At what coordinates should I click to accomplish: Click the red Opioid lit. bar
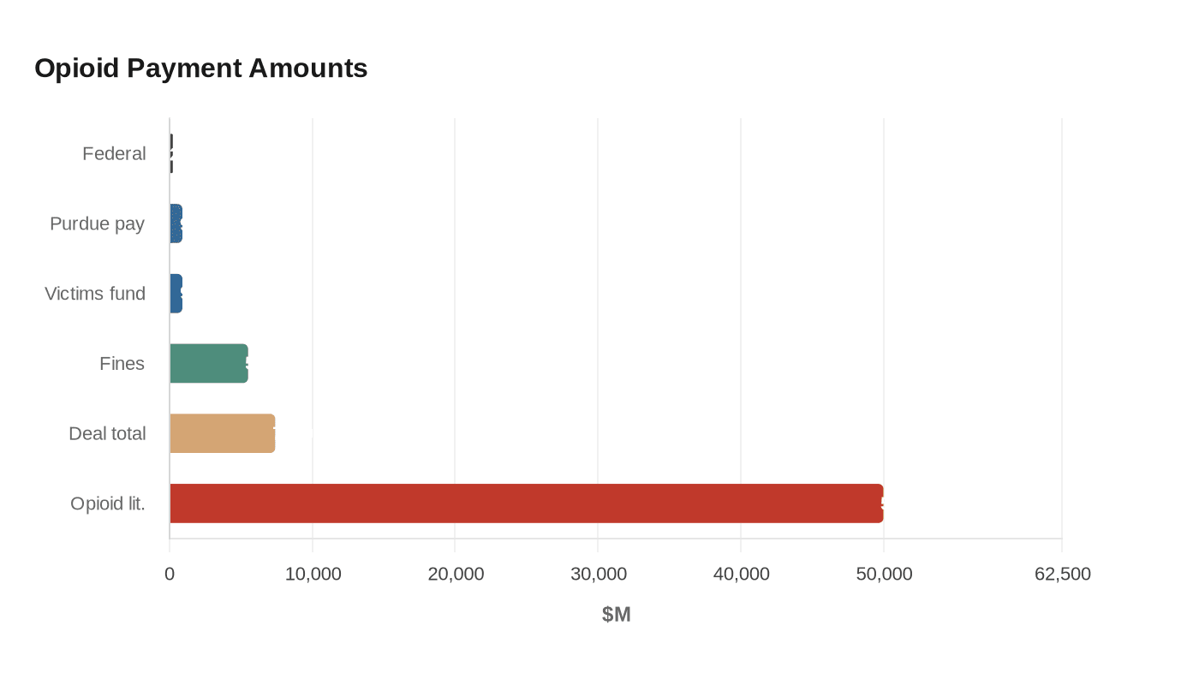point(526,503)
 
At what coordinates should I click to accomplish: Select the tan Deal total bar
point(223,433)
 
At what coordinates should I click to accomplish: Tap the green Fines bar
point(209,363)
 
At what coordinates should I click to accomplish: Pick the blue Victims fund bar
point(176,294)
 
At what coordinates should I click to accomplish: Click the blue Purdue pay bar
point(176,223)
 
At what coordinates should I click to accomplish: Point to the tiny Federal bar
point(171,153)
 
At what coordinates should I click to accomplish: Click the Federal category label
point(114,153)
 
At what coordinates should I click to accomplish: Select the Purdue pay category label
point(97,223)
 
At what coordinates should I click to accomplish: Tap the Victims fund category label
point(95,294)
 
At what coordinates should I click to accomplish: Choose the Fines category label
point(122,363)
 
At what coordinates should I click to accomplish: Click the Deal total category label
point(107,433)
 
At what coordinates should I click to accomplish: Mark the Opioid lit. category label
point(108,503)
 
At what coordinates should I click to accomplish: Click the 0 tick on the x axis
point(170,574)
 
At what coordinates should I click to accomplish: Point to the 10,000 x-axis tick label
point(313,574)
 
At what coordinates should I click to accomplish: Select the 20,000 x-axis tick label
point(456,574)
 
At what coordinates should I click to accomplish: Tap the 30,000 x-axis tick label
point(599,574)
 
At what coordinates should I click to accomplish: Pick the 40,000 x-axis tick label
point(741,574)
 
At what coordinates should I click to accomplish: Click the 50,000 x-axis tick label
point(884,574)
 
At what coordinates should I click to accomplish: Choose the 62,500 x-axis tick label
point(1062,574)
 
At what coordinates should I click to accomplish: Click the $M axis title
point(616,614)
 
